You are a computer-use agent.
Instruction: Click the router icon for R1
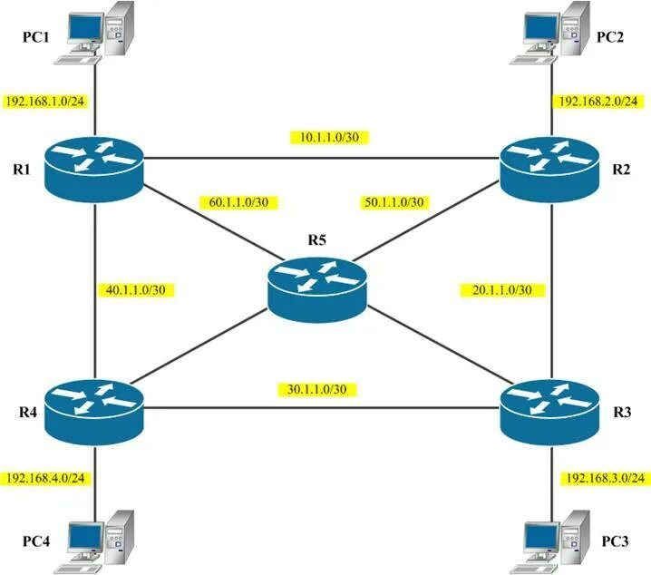click(96, 166)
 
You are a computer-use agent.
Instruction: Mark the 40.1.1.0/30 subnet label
click(135, 290)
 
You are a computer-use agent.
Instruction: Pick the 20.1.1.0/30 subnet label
click(502, 290)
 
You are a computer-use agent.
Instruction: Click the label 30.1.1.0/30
click(313, 389)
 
